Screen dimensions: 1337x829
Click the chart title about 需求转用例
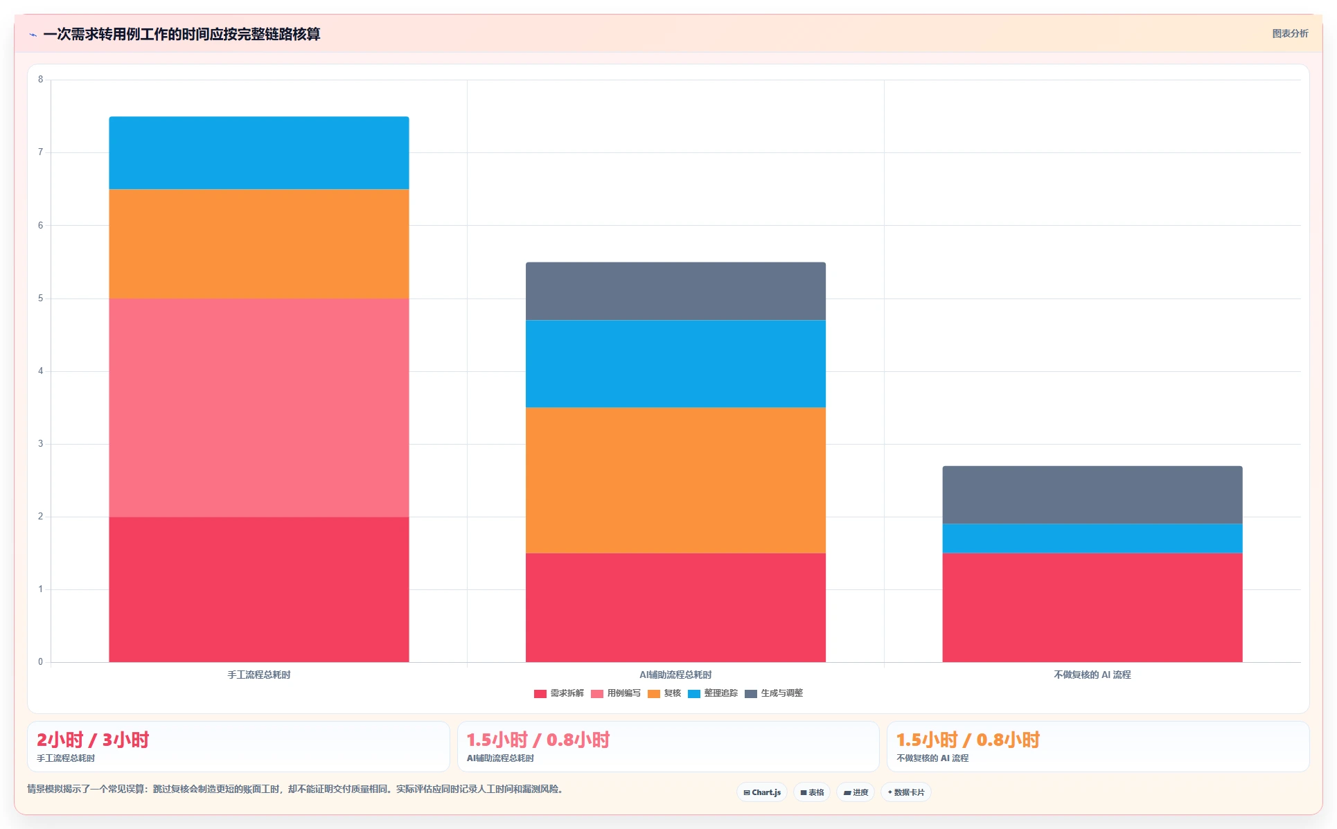181,34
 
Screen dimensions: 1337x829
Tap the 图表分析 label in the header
1290,33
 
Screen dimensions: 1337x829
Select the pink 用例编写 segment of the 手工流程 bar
259,407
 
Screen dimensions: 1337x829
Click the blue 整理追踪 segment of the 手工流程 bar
259,152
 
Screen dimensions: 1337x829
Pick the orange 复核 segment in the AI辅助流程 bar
675,480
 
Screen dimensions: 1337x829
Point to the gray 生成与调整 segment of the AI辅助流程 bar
675,291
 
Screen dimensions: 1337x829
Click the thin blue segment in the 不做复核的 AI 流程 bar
1092,538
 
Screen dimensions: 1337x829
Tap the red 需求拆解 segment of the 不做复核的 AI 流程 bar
1092,607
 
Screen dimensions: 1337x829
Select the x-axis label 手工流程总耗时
259,675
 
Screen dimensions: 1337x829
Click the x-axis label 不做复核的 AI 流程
1092,675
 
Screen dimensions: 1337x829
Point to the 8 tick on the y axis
40,80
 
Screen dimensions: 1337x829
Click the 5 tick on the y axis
40,298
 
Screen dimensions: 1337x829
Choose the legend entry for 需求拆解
559,693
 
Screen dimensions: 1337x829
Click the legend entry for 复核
664,693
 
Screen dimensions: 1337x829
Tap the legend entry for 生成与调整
774,693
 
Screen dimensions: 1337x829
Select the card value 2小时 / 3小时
93,740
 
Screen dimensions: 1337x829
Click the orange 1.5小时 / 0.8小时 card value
968,740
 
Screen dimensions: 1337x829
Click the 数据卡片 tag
905,792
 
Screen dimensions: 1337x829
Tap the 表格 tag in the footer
812,792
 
